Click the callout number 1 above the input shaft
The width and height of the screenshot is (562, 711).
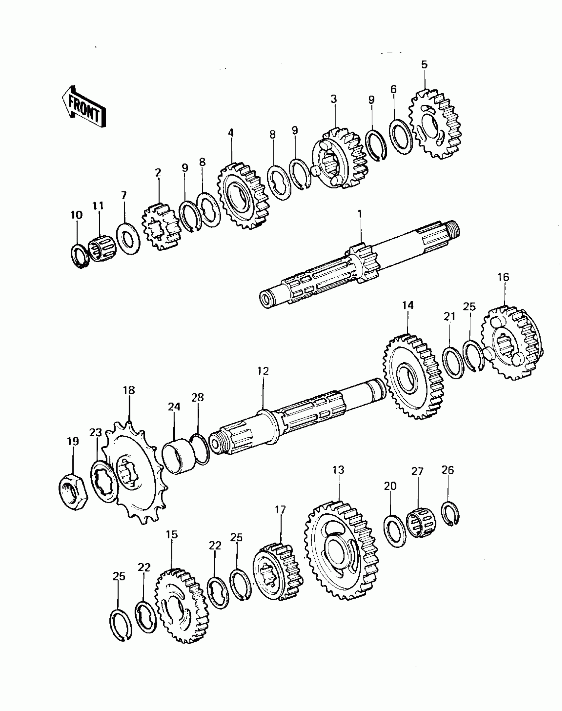[360, 214]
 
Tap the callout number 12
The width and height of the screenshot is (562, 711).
[263, 371]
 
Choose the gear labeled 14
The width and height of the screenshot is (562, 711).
[413, 376]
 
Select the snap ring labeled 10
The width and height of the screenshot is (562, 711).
[79, 256]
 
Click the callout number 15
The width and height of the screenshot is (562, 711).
[172, 534]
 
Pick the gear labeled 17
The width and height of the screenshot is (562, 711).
[278, 572]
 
